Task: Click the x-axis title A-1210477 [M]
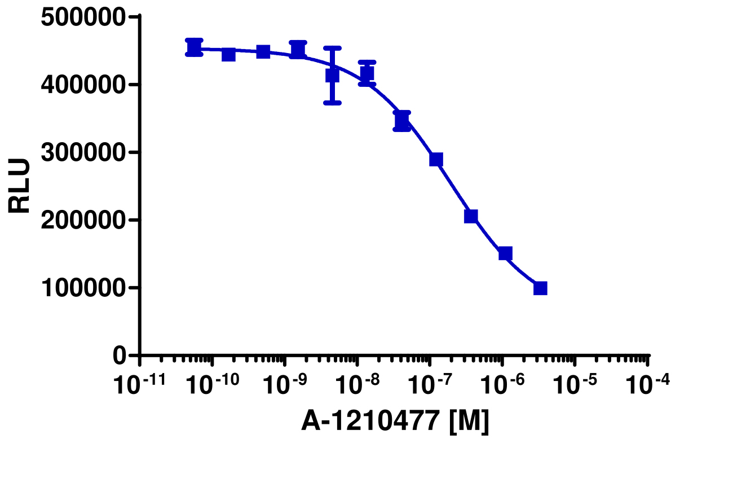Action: pyautogui.click(x=395, y=422)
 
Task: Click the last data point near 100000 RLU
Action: pyautogui.click(x=540, y=288)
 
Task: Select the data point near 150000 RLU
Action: pyautogui.click(x=505, y=253)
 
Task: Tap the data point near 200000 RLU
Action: pyautogui.click(x=471, y=216)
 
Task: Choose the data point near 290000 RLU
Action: pyautogui.click(x=436, y=160)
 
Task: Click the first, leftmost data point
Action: pyautogui.click(x=193, y=47)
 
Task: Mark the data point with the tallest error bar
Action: pyautogui.click(x=333, y=76)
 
